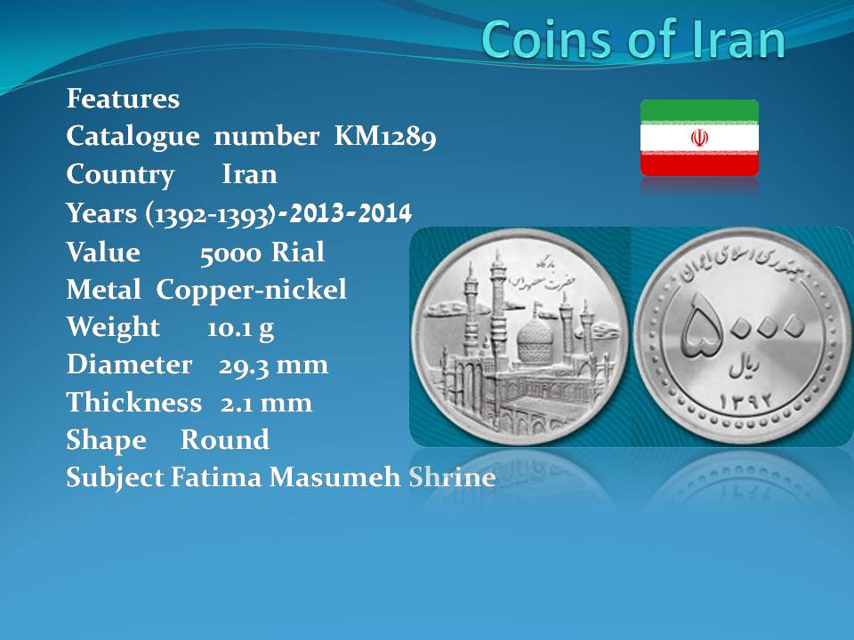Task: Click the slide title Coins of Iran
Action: [632, 39]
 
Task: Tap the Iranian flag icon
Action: [699, 138]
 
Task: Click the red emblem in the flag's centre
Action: [699, 138]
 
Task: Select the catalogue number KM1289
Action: [385, 136]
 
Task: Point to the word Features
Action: [123, 99]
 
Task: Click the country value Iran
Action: [249, 174]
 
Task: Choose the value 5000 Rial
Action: [262, 252]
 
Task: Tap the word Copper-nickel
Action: [251, 290]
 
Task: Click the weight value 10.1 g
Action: [240, 328]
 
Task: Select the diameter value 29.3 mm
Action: [273, 365]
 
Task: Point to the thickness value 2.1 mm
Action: [266, 403]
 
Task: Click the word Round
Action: [224, 440]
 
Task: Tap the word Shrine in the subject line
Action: [452, 477]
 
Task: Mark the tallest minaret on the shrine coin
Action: [498, 305]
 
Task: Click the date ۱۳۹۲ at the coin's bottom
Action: [745, 402]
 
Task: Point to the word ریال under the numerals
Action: [745, 368]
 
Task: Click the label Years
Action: [101, 212]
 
